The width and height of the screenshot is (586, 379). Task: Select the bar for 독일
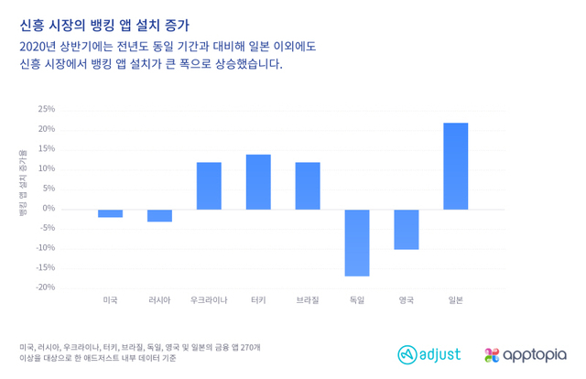(357, 243)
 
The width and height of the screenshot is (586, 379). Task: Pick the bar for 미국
(111, 213)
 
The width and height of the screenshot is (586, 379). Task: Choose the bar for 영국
(407, 229)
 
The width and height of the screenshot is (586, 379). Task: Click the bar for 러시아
(159, 215)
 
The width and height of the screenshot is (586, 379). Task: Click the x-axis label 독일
(357, 300)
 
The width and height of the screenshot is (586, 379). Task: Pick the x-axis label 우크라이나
(209, 300)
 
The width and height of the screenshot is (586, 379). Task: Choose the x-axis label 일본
(455, 300)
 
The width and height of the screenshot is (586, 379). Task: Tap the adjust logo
(429, 353)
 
